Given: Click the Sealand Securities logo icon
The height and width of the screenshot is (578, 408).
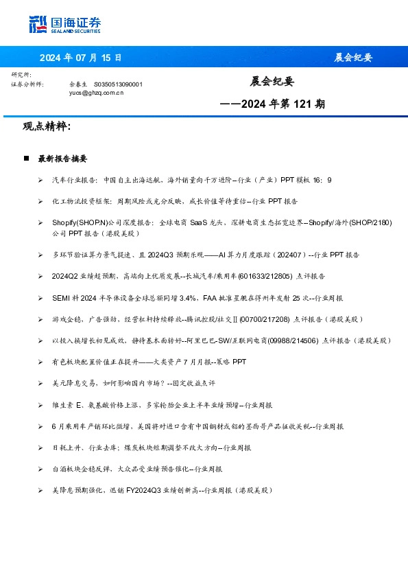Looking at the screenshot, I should point(38,24).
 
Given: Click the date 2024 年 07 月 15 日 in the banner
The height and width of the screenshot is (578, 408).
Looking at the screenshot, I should point(80,57).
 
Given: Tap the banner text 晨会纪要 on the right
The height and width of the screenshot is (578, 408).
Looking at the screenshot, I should point(353,57).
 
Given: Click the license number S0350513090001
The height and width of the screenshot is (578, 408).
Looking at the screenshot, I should point(118,84).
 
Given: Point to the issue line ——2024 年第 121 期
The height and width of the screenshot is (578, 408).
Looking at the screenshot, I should point(272,104).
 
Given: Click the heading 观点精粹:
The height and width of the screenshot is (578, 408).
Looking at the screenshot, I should point(47,126).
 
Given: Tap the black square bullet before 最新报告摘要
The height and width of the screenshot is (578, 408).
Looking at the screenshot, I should point(26,159).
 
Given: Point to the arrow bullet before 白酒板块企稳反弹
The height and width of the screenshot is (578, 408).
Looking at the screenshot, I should point(41,469).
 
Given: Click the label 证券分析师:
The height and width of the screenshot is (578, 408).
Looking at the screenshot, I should point(27,84).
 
